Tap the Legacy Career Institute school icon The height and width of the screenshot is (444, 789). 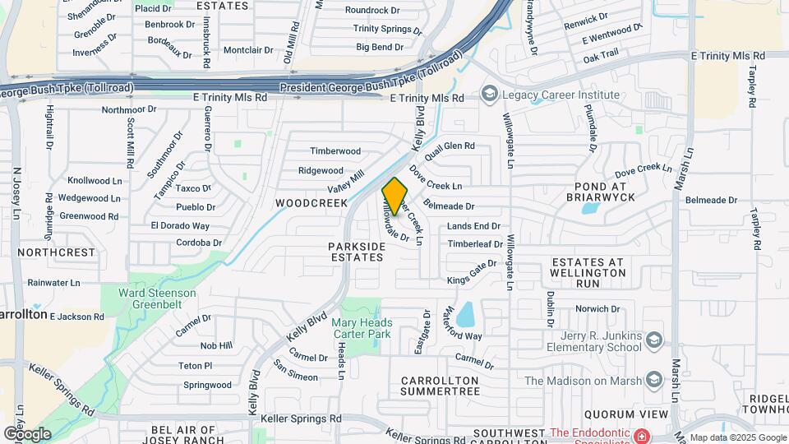pos(491,95)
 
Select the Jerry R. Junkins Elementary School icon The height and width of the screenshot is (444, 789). pos(654,340)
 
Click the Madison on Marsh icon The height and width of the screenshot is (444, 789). pos(654,380)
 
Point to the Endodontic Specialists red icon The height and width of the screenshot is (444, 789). pos(641,433)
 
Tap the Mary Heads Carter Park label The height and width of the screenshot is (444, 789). pos(362,329)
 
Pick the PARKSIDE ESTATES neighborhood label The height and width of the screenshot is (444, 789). pos(356,252)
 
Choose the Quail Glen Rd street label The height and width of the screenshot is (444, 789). pos(449,147)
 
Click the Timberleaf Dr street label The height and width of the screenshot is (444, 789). pos(475,244)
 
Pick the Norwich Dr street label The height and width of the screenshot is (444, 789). pos(597,309)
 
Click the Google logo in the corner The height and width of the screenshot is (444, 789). pos(28,433)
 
